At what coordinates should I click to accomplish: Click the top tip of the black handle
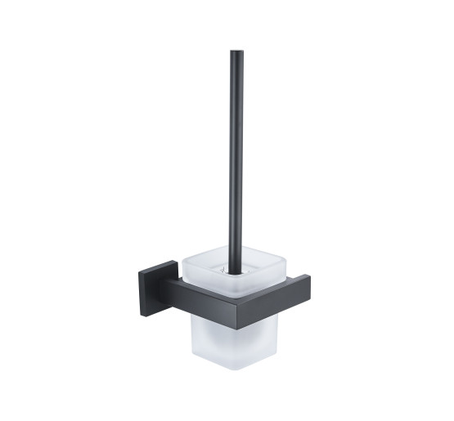(x=236, y=53)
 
